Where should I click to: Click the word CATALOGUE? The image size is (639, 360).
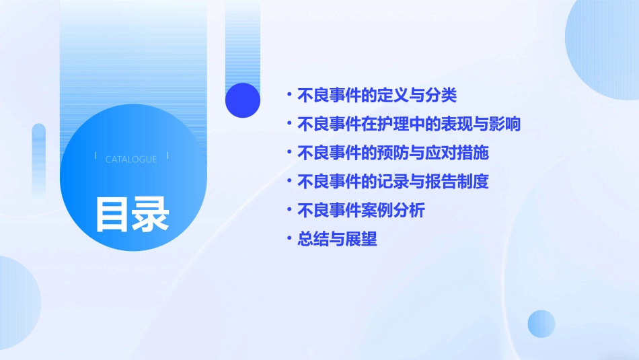[131, 159]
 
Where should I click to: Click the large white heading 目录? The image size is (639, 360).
[132, 214]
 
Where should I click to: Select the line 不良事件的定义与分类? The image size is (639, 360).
[377, 96]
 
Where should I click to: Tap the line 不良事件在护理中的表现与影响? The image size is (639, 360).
[409, 124]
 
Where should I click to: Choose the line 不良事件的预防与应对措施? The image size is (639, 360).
[393, 153]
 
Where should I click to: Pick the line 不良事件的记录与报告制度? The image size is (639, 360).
[393, 182]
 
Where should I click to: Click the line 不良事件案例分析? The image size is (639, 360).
[361, 211]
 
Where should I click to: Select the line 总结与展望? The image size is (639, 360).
[337, 239]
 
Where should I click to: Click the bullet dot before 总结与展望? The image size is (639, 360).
[289, 239]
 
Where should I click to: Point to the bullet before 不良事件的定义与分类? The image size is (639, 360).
[289, 96]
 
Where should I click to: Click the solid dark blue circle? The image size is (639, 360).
[243, 100]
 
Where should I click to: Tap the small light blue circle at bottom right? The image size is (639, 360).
[541, 324]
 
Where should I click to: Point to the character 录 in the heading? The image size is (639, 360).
[151, 214]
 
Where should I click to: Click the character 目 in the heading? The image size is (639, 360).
[112, 214]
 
